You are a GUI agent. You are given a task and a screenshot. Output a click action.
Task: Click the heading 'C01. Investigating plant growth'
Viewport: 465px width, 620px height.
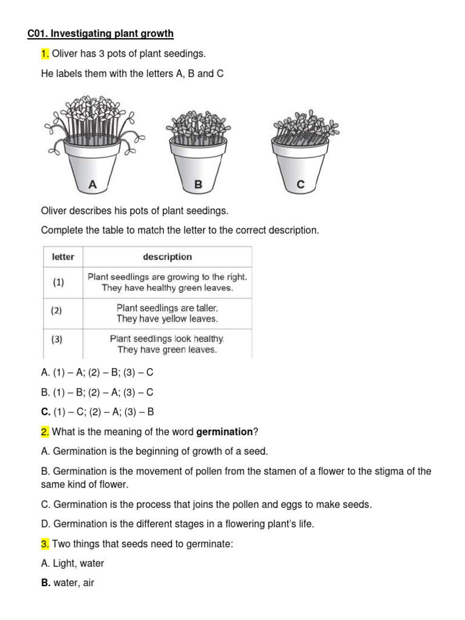point(101,33)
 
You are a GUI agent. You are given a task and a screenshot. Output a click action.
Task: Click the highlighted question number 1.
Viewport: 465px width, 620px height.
point(45,54)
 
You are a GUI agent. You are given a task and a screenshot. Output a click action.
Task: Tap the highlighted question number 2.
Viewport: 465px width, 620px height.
point(45,432)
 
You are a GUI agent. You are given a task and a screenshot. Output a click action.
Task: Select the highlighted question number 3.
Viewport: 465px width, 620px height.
point(45,544)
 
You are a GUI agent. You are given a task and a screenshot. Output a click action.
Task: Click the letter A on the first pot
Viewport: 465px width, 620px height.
point(93,185)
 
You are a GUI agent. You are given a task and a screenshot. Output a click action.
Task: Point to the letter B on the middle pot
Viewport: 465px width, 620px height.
point(198,185)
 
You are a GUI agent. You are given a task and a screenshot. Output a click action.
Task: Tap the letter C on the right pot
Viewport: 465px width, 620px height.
point(301,185)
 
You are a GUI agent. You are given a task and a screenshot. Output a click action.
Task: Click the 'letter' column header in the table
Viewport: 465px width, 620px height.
point(63,257)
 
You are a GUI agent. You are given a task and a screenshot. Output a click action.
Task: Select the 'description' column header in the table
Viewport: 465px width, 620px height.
point(167,257)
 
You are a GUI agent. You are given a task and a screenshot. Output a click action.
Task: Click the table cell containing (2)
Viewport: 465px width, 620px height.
point(56,311)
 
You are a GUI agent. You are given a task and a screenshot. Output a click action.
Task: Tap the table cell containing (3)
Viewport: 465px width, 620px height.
point(56,340)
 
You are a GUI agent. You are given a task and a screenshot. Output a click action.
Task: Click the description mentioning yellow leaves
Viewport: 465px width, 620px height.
point(167,313)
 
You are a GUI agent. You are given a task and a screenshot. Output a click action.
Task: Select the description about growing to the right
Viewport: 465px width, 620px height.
point(167,282)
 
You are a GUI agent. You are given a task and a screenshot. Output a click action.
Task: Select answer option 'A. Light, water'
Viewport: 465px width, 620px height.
point(72,563)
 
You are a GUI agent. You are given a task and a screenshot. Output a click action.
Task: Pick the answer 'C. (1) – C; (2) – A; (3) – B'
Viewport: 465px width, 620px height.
point(97,412)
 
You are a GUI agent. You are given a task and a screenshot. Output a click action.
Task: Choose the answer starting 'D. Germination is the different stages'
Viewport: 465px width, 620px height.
point(177,524)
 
